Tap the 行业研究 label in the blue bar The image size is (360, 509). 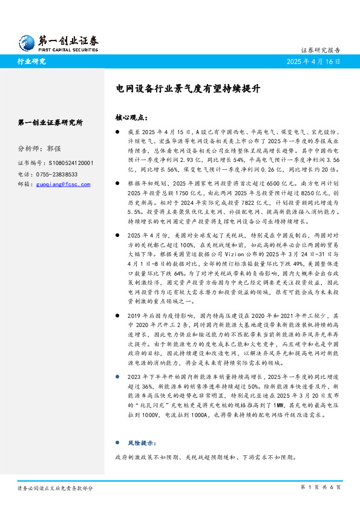[31, 62]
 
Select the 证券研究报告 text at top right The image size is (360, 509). [320, 50]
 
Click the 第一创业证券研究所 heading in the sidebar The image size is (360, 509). [51, 123]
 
